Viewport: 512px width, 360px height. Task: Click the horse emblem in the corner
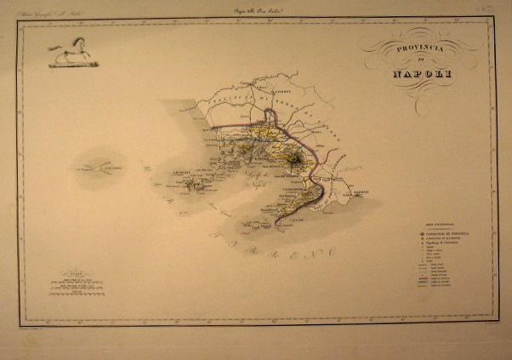pos(71,55)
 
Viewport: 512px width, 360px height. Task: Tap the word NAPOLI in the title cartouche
pos(422,75)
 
